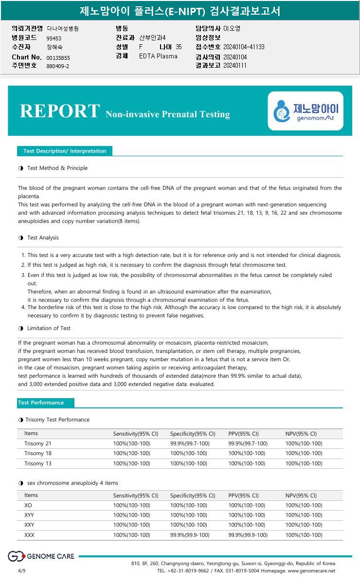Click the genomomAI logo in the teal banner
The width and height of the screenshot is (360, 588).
[x=306, y=111]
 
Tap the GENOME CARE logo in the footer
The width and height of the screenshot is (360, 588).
[x=41, y=556]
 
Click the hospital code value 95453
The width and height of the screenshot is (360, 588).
[x=54, y=38]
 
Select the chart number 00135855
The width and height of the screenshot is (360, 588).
[x=58, y=58]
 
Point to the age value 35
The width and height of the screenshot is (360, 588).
[x=179, y=47]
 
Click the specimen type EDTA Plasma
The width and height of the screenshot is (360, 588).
[x=158, y=56]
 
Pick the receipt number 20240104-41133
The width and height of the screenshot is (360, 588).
[x=244, y=47]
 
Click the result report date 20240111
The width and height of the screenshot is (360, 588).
[x=235, y=65]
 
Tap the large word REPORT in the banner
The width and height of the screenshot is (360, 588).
[x=60, y=111]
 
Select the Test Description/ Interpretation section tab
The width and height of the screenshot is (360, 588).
[x=65, y=151]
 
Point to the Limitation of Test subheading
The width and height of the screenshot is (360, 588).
[x=49, y=328]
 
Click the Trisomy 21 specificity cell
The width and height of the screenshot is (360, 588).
[x=190, y=443]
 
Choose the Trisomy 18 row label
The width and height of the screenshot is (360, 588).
[x=38, y=453]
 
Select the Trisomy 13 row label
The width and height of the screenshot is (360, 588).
[x=38, y=463]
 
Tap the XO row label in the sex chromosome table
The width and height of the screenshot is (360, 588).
[x=28, y=505]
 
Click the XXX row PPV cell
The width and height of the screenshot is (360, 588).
[x=248, y=535]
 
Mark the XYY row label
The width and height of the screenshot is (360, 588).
[x=29, y=515]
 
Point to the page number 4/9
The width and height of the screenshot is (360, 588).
[x=21, y=570]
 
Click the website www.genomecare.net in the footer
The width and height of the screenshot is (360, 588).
[x=311, y=570]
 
